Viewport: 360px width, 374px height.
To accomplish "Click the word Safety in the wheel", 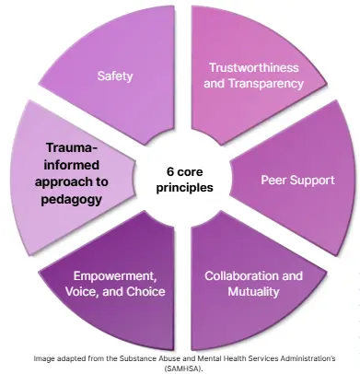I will (115, 76).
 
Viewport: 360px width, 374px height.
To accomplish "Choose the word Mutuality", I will (253, 292).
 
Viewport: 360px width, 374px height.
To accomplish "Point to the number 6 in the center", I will (170, 171).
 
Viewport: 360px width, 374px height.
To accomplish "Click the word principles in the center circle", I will (185, 187).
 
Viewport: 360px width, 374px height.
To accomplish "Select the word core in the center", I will (193, 171).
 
